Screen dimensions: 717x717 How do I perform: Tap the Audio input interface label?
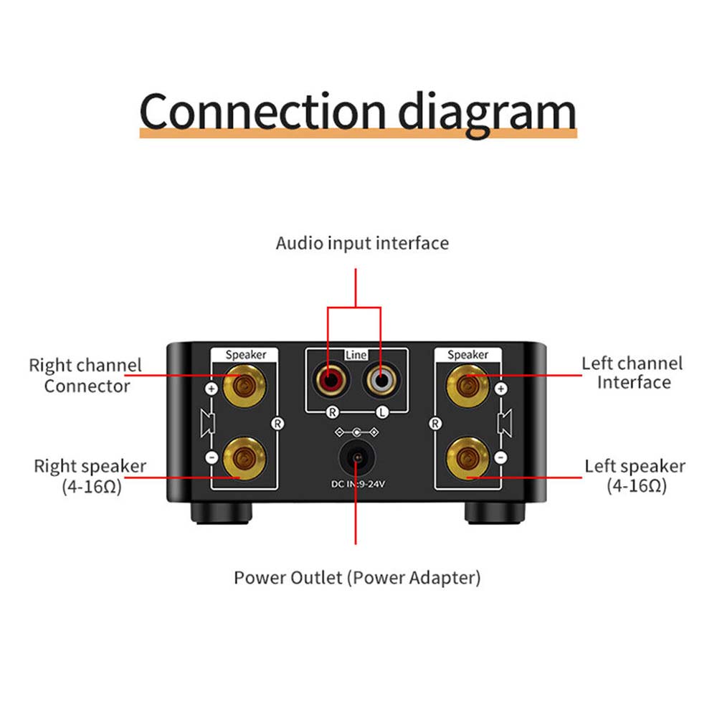tap(362, 243)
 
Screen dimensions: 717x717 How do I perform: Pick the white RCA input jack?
tap(379, 378)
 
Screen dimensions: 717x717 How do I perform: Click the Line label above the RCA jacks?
tap(356, 355)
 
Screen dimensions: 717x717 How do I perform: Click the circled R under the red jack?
tap(332, 412)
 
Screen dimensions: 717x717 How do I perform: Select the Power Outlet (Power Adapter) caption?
tap(357, 577)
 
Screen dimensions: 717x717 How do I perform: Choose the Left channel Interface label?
tap(632, 372)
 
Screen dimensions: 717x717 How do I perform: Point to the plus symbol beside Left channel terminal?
tap(501, 389)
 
